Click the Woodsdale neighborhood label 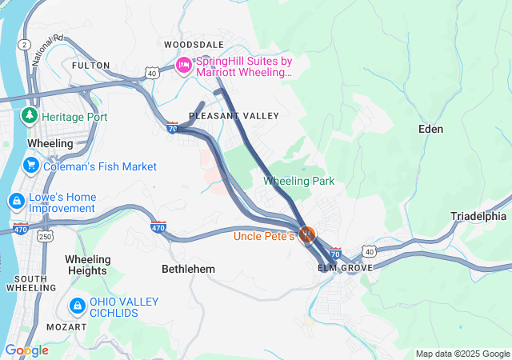(194, 44)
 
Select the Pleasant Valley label (234, 116)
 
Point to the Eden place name (430, 128)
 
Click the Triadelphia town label (478, 216)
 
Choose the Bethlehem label (188, 270)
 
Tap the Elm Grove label (345, 267)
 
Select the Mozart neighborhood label (67, 327)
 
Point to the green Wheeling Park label (299, 181)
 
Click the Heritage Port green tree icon (30, 116)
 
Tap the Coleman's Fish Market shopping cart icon (31, 166)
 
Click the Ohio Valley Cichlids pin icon (78, 306)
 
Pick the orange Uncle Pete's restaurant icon (306, 235)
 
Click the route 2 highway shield (26, 44)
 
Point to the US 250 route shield (46, 236)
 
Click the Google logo (26, 350)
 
